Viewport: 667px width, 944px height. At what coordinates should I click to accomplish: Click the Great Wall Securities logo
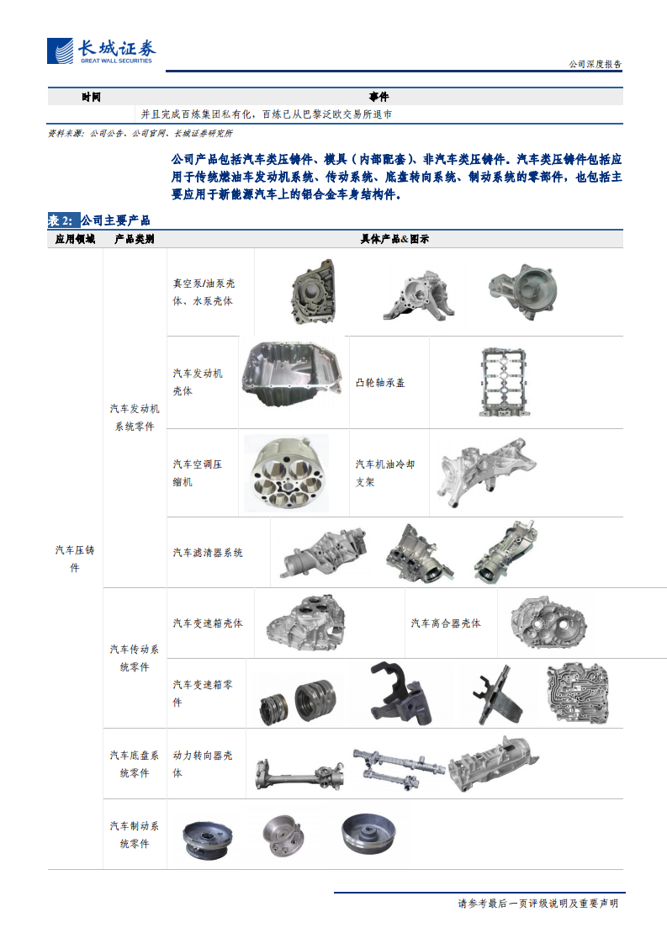click(101, 51)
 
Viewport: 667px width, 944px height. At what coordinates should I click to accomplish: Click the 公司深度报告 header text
click(595, 64)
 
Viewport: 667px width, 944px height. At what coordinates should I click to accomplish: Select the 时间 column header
click(91, 97)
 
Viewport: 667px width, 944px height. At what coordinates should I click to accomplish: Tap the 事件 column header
click(378, 97)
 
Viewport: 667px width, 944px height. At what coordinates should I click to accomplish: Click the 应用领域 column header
click(75, 239)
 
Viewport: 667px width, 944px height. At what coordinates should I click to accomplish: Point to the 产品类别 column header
click(135, 239)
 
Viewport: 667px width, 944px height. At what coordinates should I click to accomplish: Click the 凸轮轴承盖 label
click(380, 382)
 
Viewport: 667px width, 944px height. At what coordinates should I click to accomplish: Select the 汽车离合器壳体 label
click(446, 623)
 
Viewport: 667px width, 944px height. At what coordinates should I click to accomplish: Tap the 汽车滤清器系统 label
click(208, 553)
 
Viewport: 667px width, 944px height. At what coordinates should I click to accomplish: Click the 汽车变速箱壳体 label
click(208, 623)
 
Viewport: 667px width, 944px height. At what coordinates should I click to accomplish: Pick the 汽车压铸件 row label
click(75, 559)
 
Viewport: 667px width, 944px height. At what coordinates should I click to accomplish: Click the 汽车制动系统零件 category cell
click(135, 835)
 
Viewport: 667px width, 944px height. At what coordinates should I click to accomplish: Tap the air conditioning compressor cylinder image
click(287, 473)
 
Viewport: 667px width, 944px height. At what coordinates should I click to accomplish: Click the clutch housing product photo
click(548, 623)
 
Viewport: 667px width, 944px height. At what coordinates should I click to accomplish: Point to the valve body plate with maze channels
click(577, 693)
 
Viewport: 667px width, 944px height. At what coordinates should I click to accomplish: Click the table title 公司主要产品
click(115, 220)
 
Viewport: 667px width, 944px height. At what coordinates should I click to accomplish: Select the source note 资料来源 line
click(140, 133)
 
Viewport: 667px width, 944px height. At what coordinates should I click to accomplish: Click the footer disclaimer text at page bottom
click(538, 903)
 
